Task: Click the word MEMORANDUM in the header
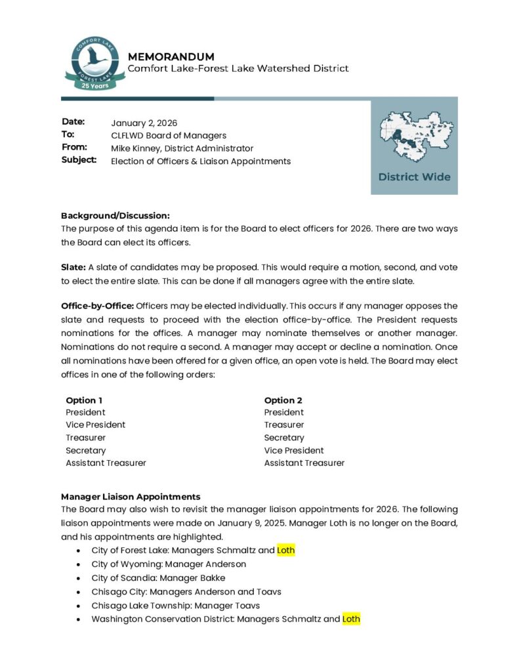point(171,56)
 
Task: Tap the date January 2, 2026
point(144,123)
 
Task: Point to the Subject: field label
point(79,160)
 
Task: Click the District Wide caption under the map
point(414,177)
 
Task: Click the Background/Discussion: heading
point(115,215)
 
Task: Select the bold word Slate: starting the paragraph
point(73,267)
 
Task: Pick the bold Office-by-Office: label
point(97,306)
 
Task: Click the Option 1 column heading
point(84,400)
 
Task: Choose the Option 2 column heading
point(283,400)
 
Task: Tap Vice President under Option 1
point(95,425)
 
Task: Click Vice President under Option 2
point(294,450)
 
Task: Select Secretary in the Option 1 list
point(85,450)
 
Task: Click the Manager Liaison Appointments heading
point(131,497)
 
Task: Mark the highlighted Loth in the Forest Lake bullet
point(286,551)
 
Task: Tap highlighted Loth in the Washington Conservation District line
point(351,619)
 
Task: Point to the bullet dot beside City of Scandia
point(79,579)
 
